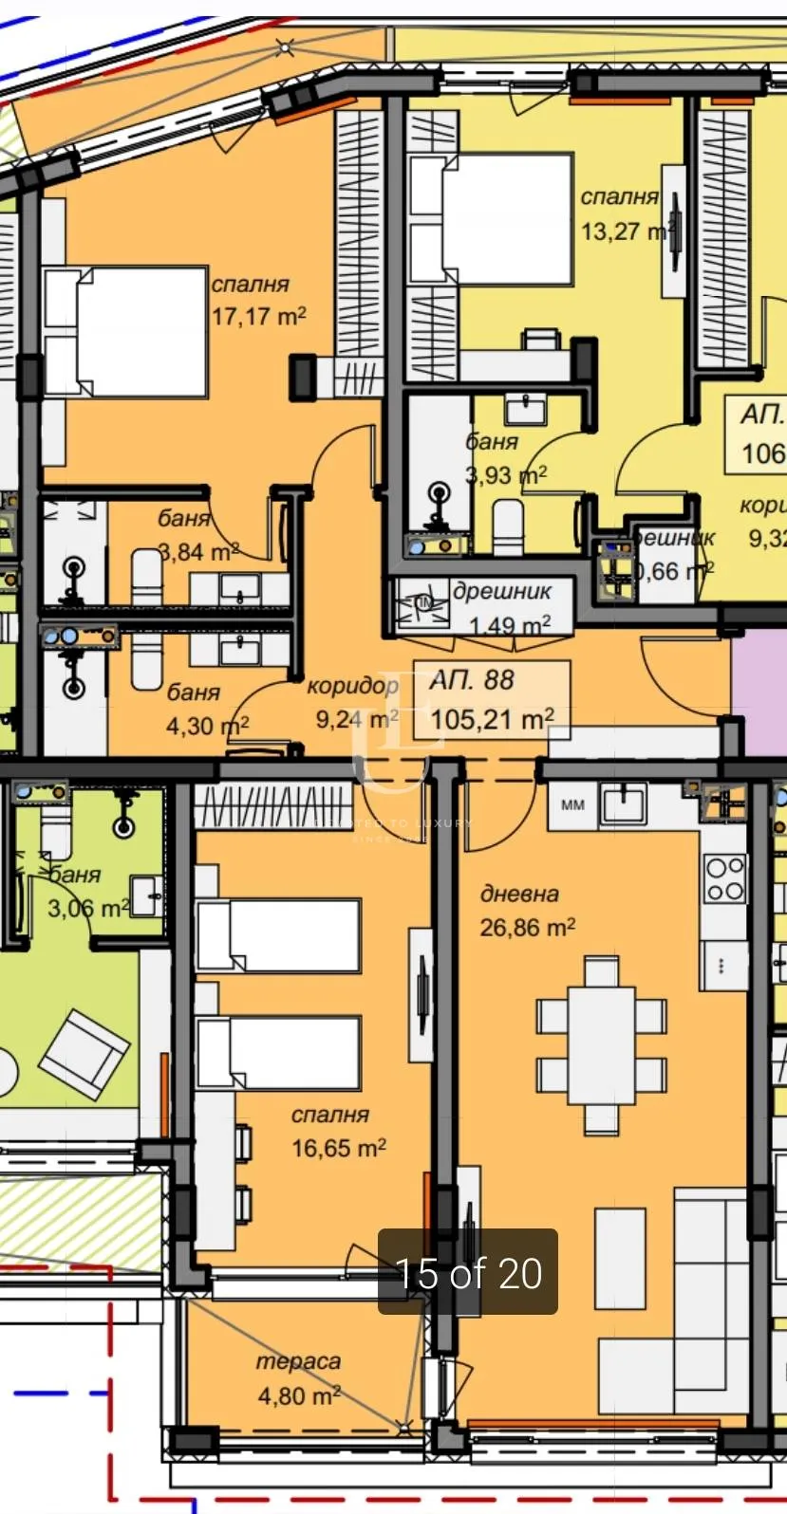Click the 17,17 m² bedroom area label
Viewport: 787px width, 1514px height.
coord(258,316)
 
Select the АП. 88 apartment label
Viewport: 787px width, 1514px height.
coord(472,679)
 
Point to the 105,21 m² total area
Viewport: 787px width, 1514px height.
coord(492,719)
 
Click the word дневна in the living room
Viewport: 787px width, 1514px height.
coord(519,893)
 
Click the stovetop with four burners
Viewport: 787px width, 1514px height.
coord(724,878)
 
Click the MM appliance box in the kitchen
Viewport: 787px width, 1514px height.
coord(573,805)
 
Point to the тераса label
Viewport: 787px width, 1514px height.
coord(298,1361)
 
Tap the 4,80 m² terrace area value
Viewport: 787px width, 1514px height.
coord(298,1395)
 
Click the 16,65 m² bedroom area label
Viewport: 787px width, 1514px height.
coord(338,1148)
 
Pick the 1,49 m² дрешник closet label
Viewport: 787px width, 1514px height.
coord(510,625)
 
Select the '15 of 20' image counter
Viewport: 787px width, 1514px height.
coord(468,1273)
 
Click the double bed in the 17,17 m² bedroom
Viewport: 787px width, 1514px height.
coord(126,332)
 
